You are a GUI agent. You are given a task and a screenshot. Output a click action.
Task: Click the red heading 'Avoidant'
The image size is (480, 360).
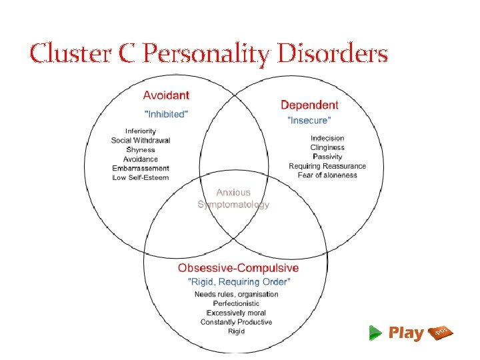click(x=166, y=95)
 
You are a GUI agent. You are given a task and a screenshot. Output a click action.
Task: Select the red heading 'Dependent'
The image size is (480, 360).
click(x=309, y=105)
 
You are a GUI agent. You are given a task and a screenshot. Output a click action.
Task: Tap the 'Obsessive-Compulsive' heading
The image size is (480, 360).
click(x=238, y=268)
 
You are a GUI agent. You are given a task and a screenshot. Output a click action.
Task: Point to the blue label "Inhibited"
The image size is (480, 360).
click(x=167, y=114)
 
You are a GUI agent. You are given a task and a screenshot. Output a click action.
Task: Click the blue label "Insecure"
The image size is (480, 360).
click(x=309, y=121)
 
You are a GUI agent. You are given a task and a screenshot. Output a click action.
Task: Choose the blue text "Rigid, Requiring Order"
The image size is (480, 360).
click(x=238, y=281)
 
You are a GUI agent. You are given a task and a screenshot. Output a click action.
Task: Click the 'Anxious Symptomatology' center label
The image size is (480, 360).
click(x=233, y=199)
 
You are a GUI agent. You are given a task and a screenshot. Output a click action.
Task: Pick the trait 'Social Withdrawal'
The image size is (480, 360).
click(x=141, y=141)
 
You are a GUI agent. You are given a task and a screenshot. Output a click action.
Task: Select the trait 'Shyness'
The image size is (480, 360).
click(x=141, y=150)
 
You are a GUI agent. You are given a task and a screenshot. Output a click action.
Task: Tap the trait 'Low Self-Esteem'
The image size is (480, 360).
click(x=141, y=178)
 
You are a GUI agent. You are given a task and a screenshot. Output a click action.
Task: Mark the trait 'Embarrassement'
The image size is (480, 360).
click(x=141, y=169)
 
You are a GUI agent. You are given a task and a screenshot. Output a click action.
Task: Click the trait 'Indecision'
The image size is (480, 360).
click(x=327, y=139)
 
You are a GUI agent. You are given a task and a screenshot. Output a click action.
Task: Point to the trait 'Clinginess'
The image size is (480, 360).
click(x=327, y=148)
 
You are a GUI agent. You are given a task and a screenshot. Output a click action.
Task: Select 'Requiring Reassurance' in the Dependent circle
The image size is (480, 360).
click(x=327, y=166)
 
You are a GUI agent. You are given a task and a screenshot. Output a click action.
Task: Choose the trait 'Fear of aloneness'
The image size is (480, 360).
click(x=327, y=175)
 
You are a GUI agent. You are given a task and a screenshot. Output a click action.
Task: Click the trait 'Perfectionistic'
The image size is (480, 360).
click(x=237, y=303)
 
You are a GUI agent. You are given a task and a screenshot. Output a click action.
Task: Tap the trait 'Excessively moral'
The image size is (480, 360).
click(x=237, y=313)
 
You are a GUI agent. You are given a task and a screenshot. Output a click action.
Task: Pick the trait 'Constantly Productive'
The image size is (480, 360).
click(x=237, y=322)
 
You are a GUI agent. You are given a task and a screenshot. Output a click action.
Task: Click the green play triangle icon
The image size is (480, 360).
click(x=376, y=333)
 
